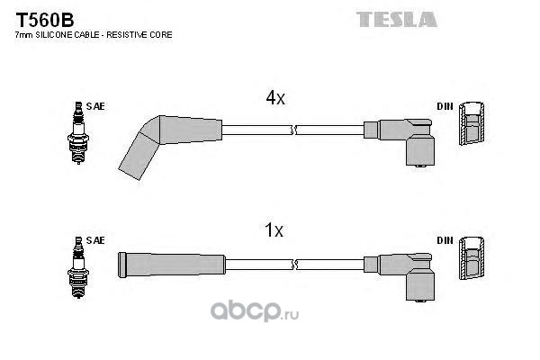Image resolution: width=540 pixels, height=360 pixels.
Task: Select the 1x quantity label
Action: point(274,230)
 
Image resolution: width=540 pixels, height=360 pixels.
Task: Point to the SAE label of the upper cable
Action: point(95,106)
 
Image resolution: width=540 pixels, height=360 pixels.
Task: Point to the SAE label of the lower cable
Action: point(95,240)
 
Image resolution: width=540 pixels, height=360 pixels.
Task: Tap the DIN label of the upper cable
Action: point(445,106)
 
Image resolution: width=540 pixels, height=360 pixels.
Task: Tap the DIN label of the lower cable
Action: point(445,240)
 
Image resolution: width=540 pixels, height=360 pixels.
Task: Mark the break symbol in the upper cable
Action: point(294,130)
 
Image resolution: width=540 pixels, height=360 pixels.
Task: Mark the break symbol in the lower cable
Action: point(294,263)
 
